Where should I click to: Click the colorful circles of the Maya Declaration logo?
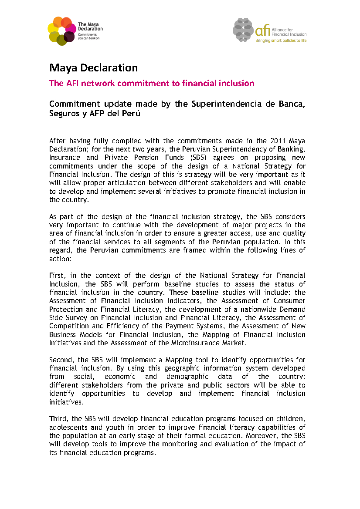click(x=61, y=30)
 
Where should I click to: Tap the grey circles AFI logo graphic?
click(x=243, y=30)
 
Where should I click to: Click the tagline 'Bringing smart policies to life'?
click(x=281, y=40)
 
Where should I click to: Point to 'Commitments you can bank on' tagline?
click(x=88, y=36)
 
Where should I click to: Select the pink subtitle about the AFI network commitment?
click(x=152, y=83)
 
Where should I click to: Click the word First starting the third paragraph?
click(x=58, y=275)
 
